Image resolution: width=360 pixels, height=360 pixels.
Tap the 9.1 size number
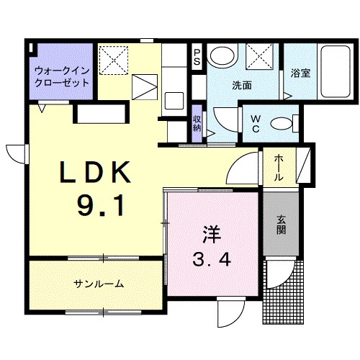point(101,207)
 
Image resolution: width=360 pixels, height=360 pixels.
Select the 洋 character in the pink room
point(211,234)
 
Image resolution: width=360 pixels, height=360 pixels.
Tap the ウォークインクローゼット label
point(63,76)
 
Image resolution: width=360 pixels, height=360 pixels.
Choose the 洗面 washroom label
point(242,85)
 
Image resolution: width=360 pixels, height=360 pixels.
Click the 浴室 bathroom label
point(300,73)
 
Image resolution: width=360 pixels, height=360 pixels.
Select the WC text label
point(255,124)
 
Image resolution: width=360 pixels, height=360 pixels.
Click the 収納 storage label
point(197,123)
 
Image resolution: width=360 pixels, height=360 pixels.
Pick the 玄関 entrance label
point(281,225)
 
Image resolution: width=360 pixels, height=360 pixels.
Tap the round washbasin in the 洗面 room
point(221,55)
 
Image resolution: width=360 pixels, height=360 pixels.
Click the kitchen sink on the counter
point(174,99)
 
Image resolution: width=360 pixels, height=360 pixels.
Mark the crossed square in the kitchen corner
point(112,58)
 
